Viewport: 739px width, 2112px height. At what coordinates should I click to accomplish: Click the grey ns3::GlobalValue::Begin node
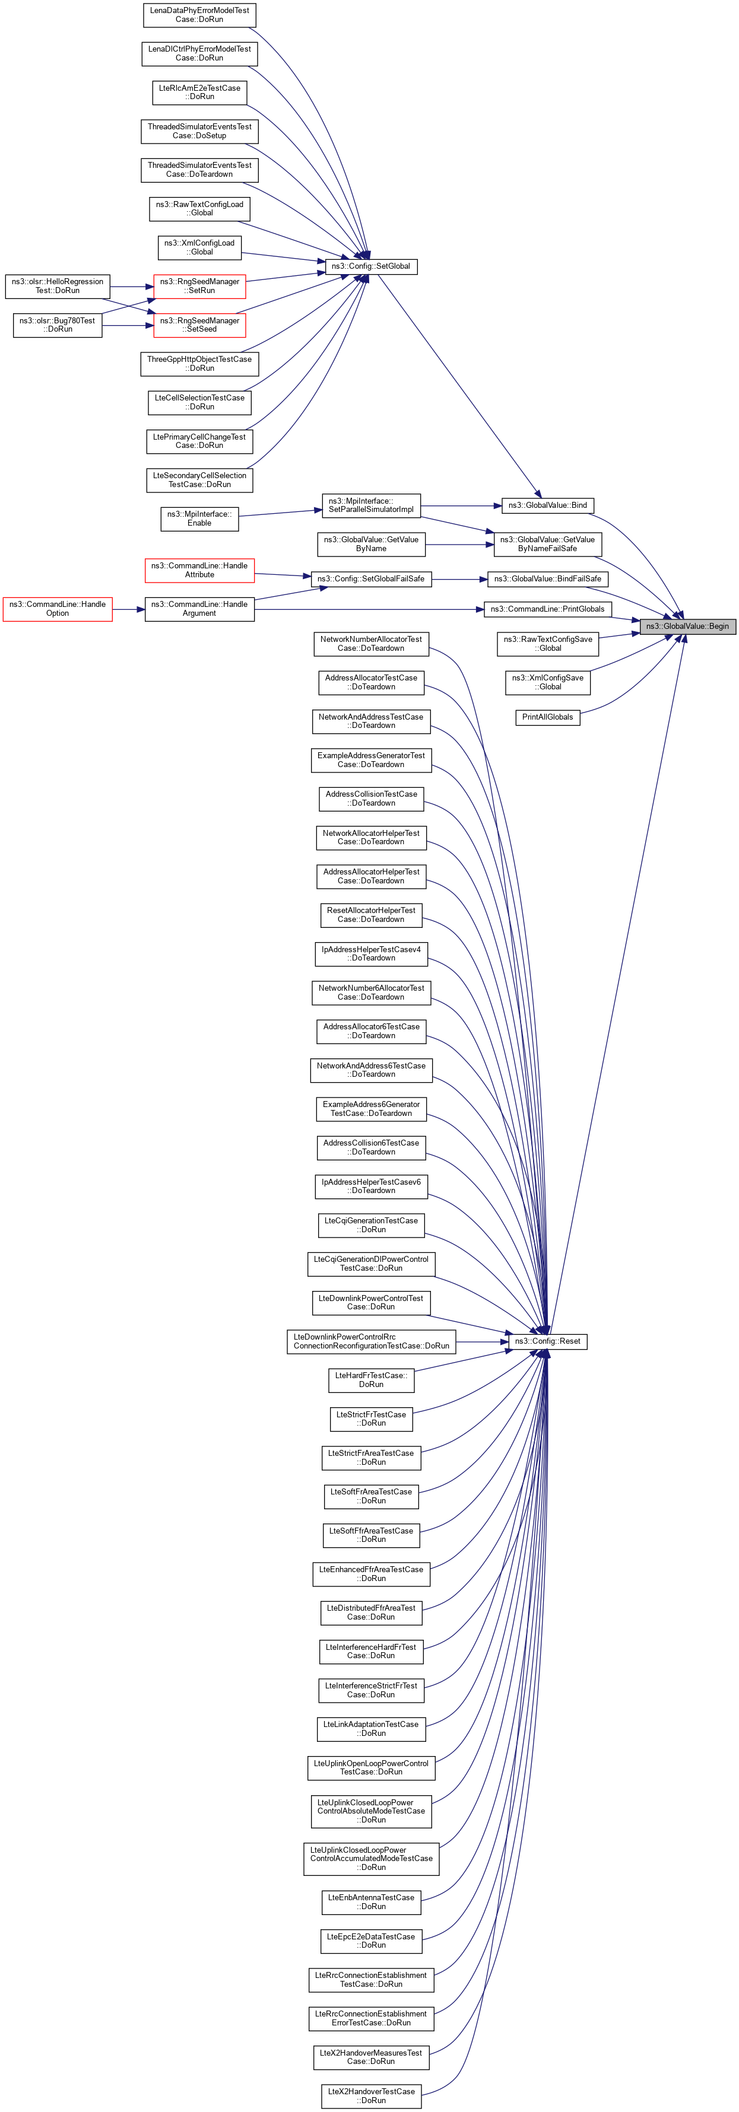(687, 626)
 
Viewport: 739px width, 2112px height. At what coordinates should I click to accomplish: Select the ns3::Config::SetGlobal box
(372, 266)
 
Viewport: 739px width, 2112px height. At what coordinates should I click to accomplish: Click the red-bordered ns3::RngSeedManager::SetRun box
(199, 286)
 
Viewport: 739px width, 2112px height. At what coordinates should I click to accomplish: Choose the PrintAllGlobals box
(547, 717)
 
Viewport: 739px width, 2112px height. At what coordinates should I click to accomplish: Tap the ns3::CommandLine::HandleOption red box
(58, 609)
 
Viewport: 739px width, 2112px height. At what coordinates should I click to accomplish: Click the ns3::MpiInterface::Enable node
(199, 519)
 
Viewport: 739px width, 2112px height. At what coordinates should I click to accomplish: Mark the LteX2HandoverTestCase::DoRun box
(372, 2095)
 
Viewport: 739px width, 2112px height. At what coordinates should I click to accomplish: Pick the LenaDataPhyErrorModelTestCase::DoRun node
(199, 15)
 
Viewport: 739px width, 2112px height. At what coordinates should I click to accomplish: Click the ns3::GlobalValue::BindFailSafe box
(547, 579)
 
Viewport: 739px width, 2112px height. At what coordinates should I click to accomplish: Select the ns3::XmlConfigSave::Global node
(547, 682)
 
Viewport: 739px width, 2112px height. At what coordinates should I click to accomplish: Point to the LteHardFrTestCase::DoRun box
(371, 1380)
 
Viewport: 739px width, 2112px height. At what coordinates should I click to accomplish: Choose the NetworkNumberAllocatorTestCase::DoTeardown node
(371, 644)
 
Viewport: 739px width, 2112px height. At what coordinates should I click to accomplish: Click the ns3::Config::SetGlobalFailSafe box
(371, 579)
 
